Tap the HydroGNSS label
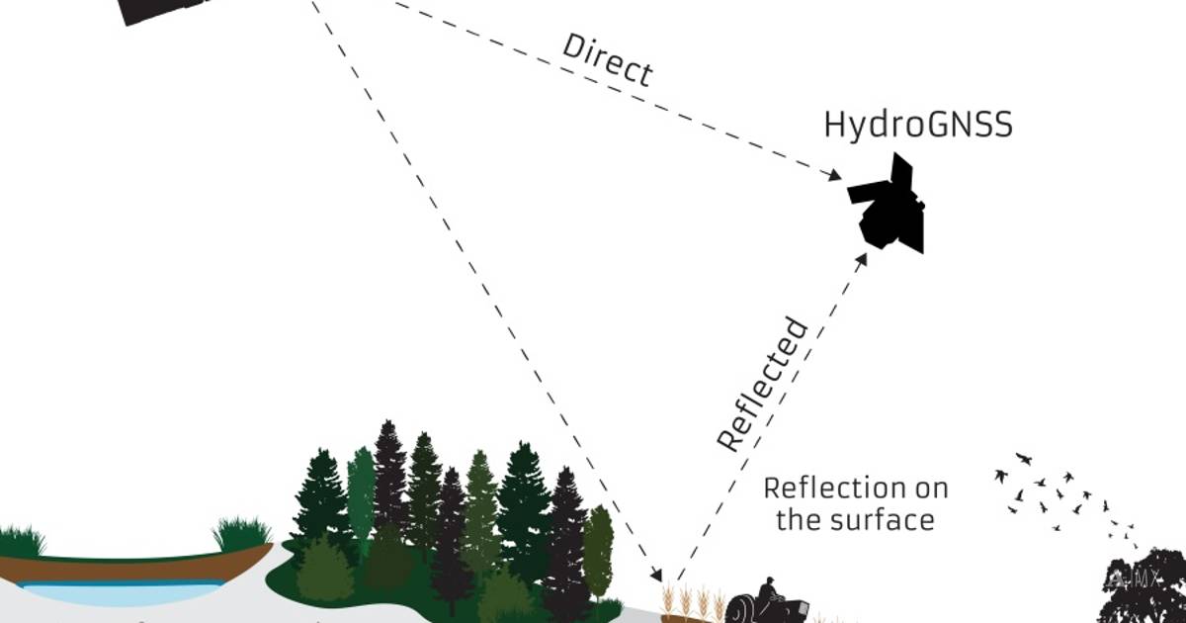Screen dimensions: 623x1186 [x=919, y=126]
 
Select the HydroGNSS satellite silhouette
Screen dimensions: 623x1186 [x=889, y=210]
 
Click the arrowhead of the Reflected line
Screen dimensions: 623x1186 [x=861, y=259]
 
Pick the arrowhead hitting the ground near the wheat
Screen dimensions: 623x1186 [x=656, y=575]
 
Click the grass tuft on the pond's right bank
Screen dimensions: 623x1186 [x=241, y=535]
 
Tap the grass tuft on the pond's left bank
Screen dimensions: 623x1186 [x=20, y=541]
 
